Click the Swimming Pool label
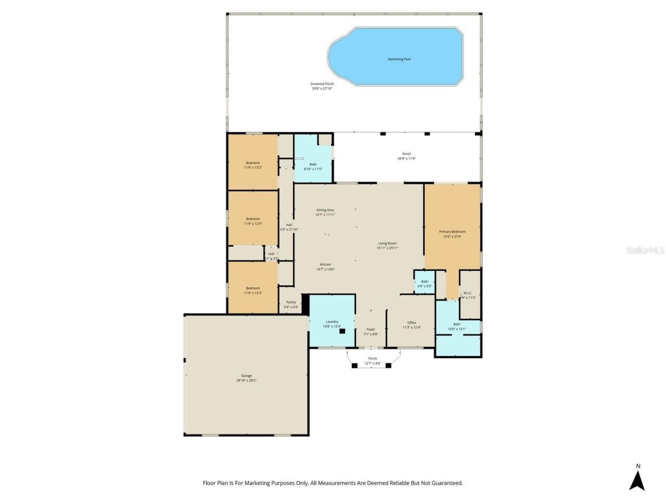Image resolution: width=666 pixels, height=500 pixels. coord(399,59)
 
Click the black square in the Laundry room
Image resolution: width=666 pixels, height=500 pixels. coord(342,331)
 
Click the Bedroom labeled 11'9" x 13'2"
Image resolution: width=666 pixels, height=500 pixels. coord(253,165)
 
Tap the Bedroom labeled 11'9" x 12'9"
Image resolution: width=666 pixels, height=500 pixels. coord(253,221)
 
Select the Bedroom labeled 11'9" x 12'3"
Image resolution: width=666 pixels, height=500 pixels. coord(253,290)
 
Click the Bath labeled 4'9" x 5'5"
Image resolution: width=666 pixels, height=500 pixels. coord(425,283)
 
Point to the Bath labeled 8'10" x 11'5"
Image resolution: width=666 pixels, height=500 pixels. coord(313,166)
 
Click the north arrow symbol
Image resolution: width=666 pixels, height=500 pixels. coord(637,480)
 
